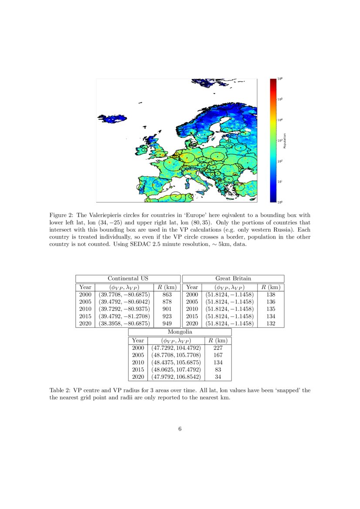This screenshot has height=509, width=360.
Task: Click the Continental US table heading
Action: [128, 279]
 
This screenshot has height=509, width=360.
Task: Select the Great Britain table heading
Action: [233, 279]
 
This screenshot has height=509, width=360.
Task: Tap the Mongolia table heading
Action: [179, 332]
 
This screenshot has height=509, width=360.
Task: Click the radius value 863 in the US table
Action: [167, 295]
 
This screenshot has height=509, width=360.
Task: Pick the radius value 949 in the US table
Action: [167, 324]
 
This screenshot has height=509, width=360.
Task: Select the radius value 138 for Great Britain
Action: [270, 295]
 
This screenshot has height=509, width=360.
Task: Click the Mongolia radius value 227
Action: [218, 348]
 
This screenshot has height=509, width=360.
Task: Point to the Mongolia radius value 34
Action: [218, 377]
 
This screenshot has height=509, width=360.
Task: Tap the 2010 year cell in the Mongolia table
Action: [138, 363]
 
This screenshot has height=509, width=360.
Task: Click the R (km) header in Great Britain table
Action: [270, 287]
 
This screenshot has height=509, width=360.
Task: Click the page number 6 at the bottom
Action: [180, 429]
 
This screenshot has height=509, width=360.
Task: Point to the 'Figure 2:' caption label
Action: [62, 215]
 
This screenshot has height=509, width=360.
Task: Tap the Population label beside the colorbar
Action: [284, 141]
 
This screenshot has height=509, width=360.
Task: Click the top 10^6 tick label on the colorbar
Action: [279, 79]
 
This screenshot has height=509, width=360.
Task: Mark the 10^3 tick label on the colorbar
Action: [279, 141]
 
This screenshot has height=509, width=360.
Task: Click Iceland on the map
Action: [111, 118]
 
